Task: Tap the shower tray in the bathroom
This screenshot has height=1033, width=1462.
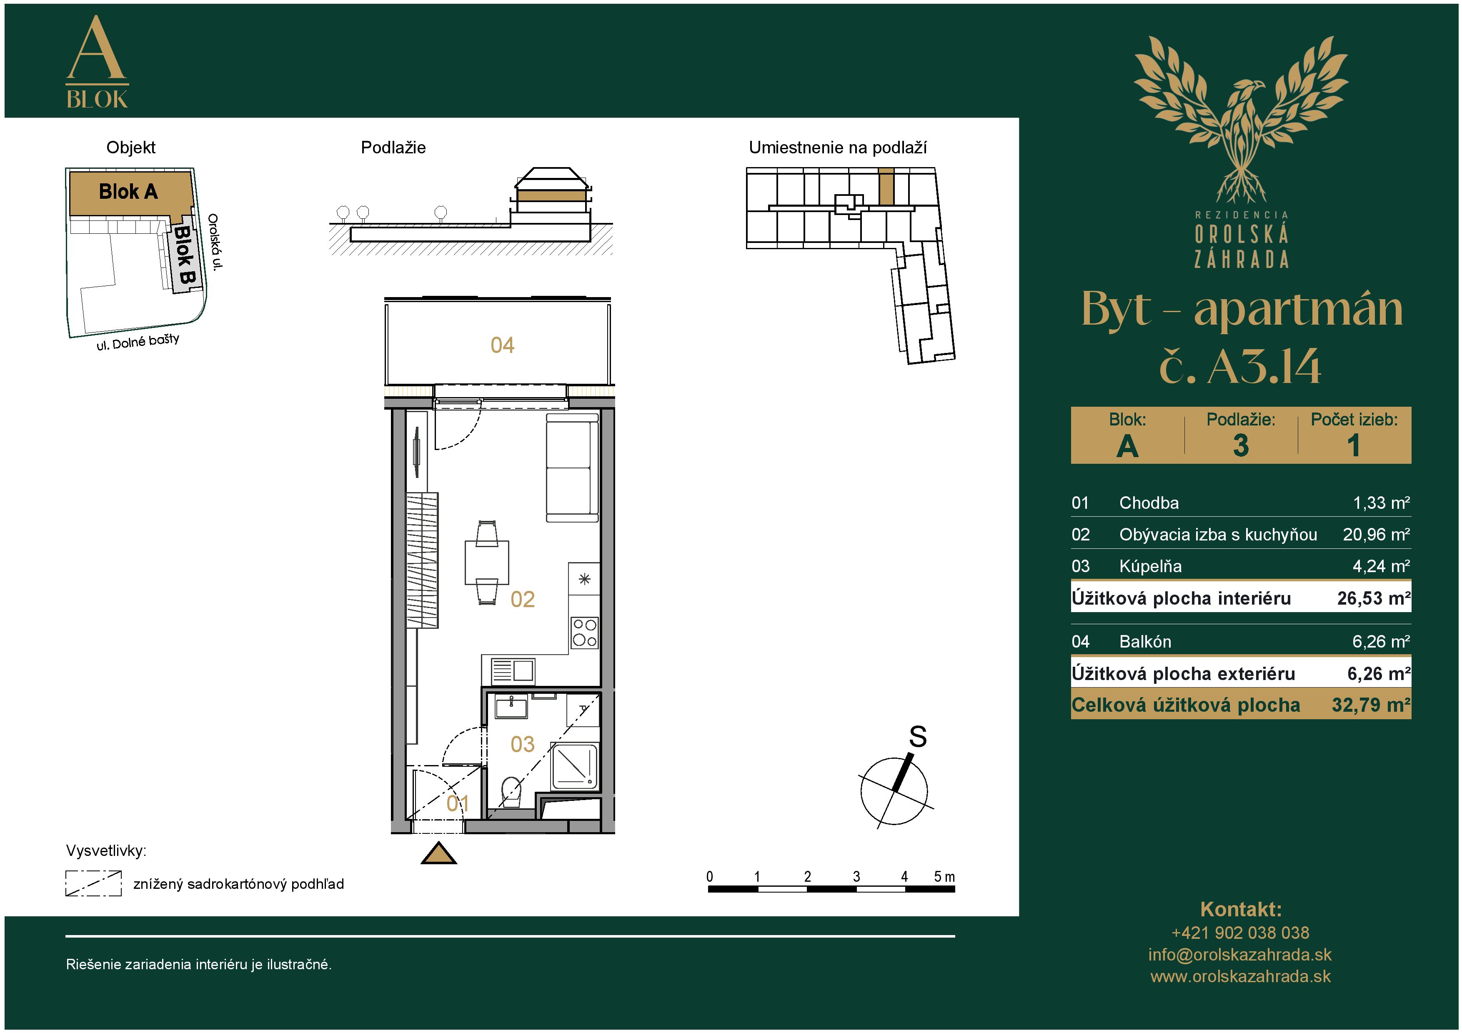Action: [x=574, y=766]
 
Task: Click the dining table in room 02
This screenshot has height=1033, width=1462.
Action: [x=487, y=562]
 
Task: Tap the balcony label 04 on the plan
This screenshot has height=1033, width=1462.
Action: [x=502, y=345]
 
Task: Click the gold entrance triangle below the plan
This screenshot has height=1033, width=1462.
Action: [x=439, y=853]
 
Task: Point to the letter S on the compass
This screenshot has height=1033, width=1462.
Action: [x=918, y=736]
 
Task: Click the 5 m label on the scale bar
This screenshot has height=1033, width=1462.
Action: [x=944, y=876]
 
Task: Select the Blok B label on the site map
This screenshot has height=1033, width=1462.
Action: [x=185, y=255]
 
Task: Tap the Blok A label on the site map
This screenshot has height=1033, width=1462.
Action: [x=128, y=191]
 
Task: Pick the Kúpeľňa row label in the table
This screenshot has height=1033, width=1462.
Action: [x=1150, y=566]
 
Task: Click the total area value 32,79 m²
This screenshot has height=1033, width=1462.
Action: [x=1371, y=705]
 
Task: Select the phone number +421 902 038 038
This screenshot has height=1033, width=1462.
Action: [x=1240, y=933]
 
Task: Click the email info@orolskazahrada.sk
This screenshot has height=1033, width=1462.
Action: [x=1240, y=954]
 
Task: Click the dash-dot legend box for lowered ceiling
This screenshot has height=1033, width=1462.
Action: [x=94, y=883]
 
